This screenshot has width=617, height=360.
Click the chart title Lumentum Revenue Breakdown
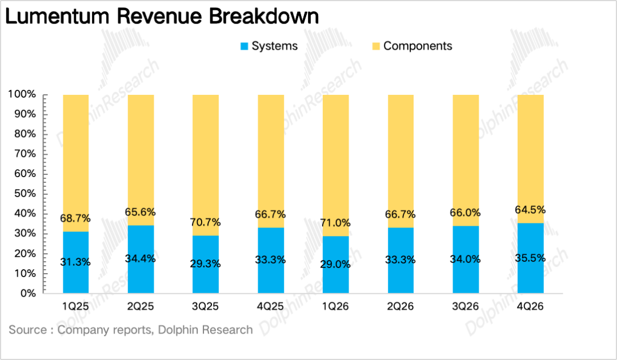tap(162, 17)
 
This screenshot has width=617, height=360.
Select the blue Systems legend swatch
tap(245, 46)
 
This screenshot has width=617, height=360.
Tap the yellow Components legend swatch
tap(376, 46)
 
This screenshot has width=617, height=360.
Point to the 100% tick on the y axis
tap(22, 94)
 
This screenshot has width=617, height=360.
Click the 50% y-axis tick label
tap(25, 194)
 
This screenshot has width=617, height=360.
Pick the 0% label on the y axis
tap(27, 293)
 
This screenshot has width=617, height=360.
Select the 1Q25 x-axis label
tap(75, 306)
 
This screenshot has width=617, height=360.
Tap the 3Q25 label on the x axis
tap(206, 306)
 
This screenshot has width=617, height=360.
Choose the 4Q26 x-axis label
tap(530, 306)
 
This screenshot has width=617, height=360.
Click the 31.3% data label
tap(75, 262)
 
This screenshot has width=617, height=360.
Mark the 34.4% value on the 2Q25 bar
tap(141, 259)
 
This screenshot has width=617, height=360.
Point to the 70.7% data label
tap(206, 223)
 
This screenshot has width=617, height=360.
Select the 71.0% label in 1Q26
tap(335, 223)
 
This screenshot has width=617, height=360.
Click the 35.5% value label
tap(530, 258)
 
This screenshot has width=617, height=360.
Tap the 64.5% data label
tap(530, 210)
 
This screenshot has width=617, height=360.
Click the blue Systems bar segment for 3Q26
tap(466, 259)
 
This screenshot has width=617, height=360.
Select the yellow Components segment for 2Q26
tap(400, 161)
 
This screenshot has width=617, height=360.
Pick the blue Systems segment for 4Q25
tap(271, 260)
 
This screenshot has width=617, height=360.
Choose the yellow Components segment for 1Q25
tap(75, 163)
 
